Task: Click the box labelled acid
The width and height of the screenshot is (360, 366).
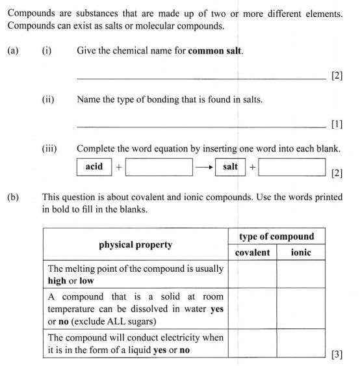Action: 94,167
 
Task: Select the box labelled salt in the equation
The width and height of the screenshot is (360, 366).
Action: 230,167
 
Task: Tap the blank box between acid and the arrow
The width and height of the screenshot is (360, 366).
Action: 159,168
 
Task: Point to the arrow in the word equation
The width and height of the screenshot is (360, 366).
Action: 204,168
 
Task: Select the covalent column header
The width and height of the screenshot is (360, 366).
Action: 251,252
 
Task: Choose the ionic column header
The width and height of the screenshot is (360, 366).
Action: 300,252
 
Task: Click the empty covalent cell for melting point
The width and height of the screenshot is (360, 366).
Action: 251,274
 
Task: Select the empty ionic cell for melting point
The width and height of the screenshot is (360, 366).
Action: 300,274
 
